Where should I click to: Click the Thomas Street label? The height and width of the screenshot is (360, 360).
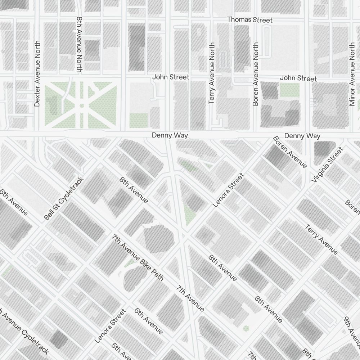pos(250,19)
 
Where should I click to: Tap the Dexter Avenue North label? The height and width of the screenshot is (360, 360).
pos(37,73)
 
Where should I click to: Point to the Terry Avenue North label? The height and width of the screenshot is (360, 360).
pos(212,73)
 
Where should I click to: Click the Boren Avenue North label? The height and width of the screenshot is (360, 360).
pos(256,74)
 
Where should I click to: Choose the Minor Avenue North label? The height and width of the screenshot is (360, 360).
pos(352,74)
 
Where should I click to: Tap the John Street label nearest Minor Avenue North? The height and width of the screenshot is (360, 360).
pos(298,78)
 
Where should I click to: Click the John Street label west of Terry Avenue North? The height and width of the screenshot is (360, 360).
pos(171,77)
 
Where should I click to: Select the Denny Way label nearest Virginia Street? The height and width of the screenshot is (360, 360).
pos(302,136)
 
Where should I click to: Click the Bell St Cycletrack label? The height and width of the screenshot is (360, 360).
pos(64,198)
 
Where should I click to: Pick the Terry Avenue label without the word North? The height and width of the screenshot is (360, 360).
pos(321,239)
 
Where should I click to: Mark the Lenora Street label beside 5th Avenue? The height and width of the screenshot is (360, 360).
pos(110,326)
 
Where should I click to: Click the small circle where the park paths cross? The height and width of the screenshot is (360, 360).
pos(82,105)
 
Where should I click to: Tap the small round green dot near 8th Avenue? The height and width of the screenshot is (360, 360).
pos(246,328)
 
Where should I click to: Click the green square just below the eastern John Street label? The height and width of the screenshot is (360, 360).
pos(289,90)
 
